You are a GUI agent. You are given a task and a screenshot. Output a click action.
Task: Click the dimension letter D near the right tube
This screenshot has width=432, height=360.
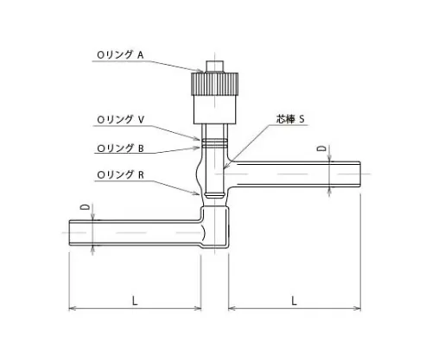coord(321,150)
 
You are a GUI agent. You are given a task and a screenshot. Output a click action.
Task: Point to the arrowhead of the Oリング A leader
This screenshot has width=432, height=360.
coord(204,72)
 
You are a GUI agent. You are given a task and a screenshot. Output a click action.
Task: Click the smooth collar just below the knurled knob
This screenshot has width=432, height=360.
coord(215,112)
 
